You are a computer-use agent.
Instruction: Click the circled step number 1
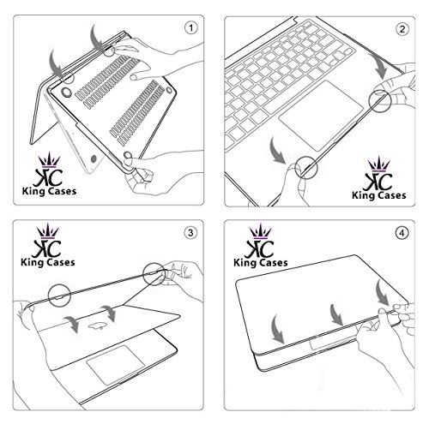click(190, 28)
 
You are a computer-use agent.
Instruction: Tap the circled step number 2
click(402, 29)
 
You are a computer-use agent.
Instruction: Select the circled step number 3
click(190, 233)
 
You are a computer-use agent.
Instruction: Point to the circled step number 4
click(402, 233)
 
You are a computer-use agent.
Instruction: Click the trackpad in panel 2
click(321, 115)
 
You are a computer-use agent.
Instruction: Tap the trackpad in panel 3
click(115, 364)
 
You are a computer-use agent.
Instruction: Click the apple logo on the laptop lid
click(96, 325)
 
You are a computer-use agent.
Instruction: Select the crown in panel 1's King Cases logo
click(50, 160)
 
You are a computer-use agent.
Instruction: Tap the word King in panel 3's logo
click(32, 263)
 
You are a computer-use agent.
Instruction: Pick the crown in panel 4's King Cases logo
click(260, 231)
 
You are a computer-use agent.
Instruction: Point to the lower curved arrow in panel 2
click(277, 151)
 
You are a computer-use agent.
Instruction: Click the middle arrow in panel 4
click(336, 314)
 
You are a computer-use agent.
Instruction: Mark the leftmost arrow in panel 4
click(277, 328)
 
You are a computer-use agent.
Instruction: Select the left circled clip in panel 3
click(59, 296)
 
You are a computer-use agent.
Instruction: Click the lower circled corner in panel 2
click(306, 168)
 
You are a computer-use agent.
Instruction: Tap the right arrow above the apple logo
click(109, 314)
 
